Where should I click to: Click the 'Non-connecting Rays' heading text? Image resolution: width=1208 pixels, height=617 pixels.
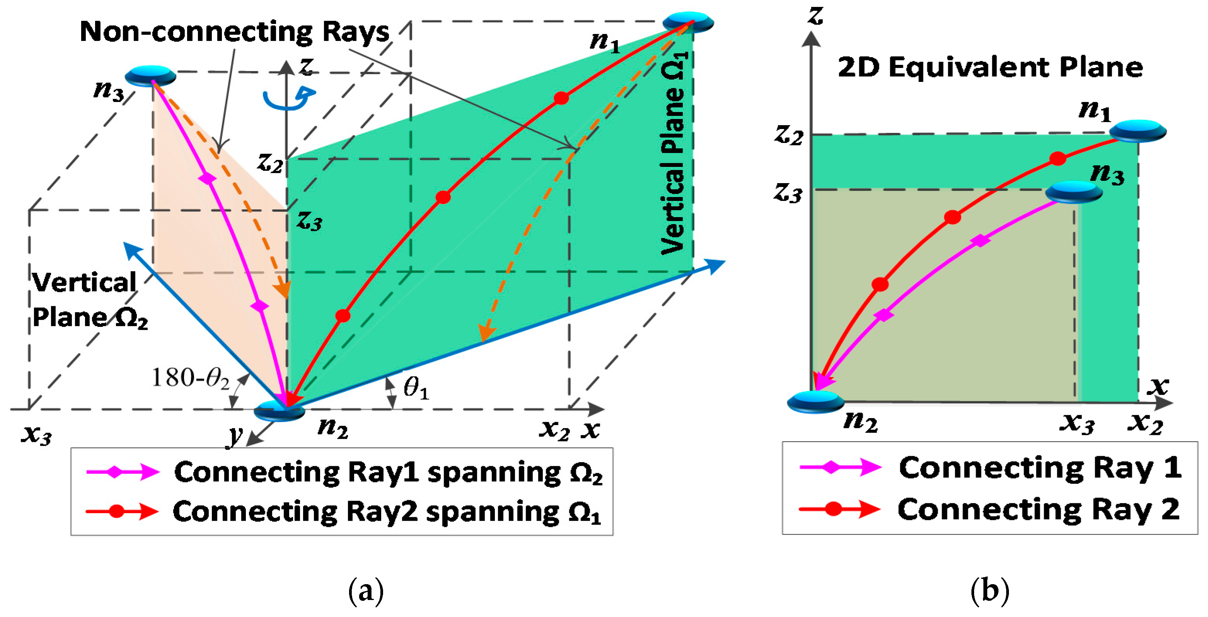(x=235, y=32)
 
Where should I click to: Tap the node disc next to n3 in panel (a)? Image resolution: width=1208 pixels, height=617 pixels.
(x=150, y=75)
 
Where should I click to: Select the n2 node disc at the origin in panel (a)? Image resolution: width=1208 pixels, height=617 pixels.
(x=279, y=411)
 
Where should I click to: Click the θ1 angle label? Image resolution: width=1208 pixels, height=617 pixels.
(x=416, y=388)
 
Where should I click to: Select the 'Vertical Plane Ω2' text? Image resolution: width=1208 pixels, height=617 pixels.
(x=87, y=301)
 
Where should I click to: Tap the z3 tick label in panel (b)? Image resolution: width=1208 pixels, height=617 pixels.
(x=788, y=193)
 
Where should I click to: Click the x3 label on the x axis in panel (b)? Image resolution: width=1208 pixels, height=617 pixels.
(x=1077, y=423)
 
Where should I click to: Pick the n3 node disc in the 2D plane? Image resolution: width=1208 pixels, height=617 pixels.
(x=1073, y=192)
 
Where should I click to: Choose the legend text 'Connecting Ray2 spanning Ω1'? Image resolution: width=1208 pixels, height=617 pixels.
(x=387, y=512)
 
